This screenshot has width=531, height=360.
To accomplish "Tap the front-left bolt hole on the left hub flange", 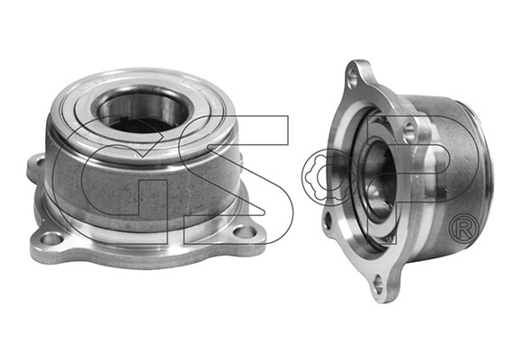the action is click(x=51, y=238).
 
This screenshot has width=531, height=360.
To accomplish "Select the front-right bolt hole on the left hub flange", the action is click(x=246, y=231).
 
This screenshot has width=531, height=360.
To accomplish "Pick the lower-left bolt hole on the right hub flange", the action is click(x=328, y=221).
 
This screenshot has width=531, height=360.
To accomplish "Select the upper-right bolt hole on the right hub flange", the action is click(x=409, y=131).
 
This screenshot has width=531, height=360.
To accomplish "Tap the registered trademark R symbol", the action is click(x=463, y=229).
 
